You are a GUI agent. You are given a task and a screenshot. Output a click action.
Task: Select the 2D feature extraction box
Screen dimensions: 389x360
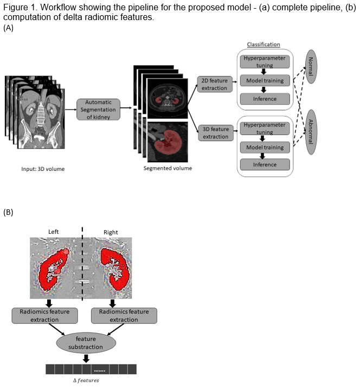(x=215, y=84)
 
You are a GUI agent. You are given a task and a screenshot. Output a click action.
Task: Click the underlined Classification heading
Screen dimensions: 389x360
(x=263, y=44)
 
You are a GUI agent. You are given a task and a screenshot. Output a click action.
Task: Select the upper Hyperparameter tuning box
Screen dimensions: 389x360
(x=265, y=61)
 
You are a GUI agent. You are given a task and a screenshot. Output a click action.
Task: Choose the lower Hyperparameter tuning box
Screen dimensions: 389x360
(x=265, y=128)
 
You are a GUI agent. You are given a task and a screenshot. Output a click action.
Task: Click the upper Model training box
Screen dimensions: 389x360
(x=265, y=81)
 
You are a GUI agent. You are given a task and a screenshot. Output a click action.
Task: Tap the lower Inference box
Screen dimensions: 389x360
(x=265, y=164)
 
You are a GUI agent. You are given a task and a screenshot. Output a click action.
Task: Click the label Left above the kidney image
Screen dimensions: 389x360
(x=54, y=232)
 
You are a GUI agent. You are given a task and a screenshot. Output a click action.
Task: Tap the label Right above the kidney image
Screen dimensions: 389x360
(x=111, y=232)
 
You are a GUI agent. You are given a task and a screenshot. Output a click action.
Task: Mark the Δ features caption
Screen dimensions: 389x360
(x=86, y=380)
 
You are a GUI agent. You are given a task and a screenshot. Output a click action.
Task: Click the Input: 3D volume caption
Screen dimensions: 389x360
(x=43, y=169)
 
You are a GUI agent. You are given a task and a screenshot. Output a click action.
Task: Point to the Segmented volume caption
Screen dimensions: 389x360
(x=168, y=168)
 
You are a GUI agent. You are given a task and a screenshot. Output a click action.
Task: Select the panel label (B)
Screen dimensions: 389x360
(x=8, y=212)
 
